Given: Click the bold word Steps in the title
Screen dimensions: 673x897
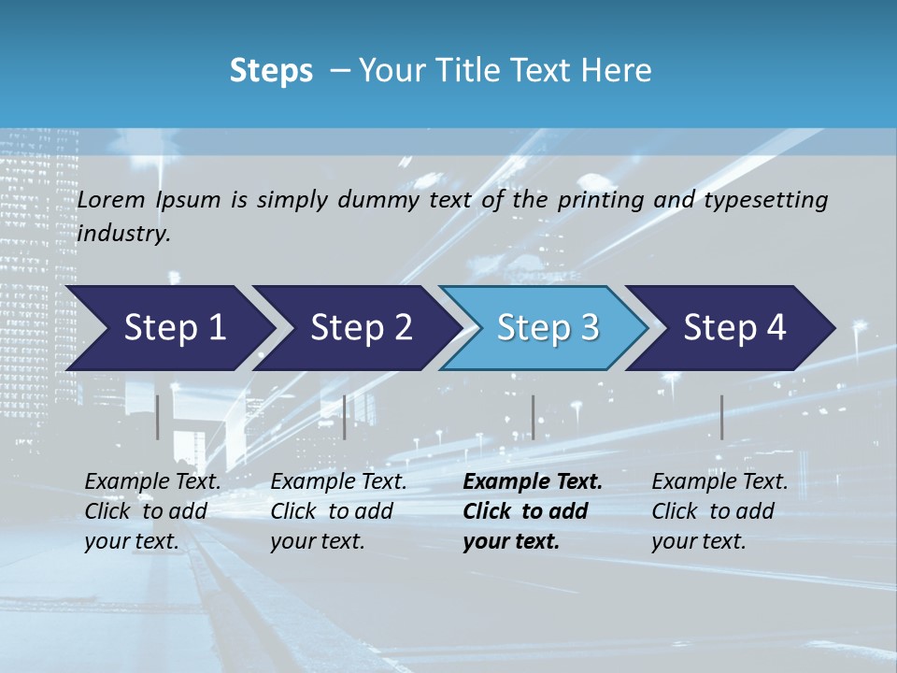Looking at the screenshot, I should tap(271, 70).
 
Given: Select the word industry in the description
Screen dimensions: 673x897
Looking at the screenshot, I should tap(123, 233).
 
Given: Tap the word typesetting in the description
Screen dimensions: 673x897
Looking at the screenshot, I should tap(773, 200).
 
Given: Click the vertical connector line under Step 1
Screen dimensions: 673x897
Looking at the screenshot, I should tap(158, 417).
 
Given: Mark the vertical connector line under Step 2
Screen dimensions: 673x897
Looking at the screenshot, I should tap(345, 417).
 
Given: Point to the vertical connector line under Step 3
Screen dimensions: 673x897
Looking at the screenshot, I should tap(533, 417).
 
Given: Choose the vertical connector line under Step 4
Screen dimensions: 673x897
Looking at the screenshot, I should tap(721, 417).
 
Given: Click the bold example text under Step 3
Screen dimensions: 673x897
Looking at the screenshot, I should tap(533, 511).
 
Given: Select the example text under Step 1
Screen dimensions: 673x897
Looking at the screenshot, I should tap(152, 511).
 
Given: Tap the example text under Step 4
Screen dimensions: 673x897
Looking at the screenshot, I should tap(719, 511).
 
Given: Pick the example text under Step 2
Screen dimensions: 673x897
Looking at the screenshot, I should tap(338, 511).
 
